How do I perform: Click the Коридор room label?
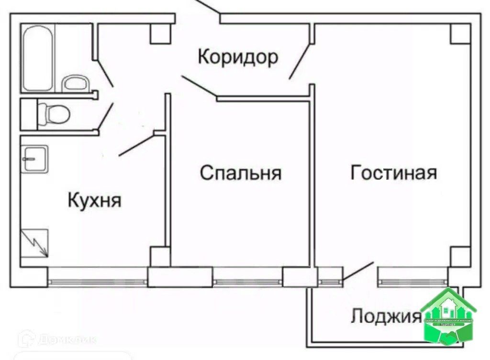[x=238, y=57]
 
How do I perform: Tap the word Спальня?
[x=240, y=173]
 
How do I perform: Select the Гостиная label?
[x=393, y=172]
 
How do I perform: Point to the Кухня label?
[x=95, y=200]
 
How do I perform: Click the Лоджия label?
[x=386, y=316]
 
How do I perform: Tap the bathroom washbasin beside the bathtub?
[x=75, y=83]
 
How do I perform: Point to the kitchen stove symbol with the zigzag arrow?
[x=34, y=243]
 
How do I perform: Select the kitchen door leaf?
[x=136, y=146]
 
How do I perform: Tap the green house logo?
[x=448, y=316]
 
